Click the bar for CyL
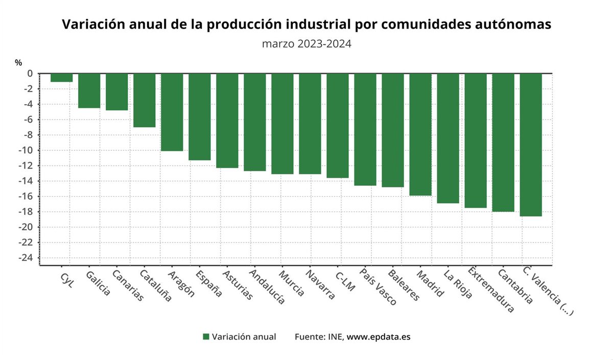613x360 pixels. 61,78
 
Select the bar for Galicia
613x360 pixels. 89,91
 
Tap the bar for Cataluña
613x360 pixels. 144,101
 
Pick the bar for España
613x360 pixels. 199,117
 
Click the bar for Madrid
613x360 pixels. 420,134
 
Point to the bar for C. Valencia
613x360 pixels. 531,145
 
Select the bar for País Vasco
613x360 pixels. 365,130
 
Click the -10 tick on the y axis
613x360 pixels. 26,150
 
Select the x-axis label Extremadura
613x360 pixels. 490,289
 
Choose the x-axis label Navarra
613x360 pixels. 320,284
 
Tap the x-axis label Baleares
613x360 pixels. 404,284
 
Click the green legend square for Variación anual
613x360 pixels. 206,337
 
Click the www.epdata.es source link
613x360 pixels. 379,337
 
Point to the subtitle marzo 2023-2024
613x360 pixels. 306,44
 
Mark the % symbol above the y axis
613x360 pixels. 18,62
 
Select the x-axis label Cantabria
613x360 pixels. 515,286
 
